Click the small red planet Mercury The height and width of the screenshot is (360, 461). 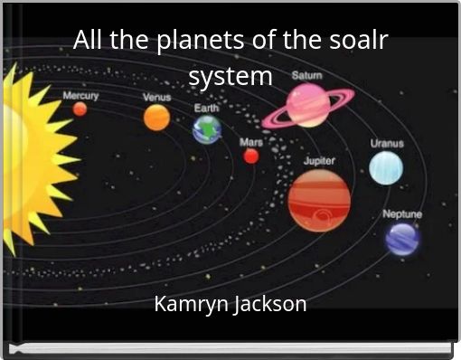click(x=80, y=109)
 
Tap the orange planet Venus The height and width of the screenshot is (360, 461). click(x=156, y=117)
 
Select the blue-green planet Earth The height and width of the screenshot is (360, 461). click(x=207, y=129)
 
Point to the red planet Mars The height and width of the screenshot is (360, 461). click(x=251, y=156)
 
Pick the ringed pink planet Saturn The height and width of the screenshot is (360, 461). click(x=307, y=105)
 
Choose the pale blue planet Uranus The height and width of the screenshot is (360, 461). click(x=386, y=167)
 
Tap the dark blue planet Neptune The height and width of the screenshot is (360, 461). click(x=402, y=239)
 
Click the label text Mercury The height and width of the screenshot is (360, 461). click(x=80, y=95)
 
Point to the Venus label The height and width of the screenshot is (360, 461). click(x=157, y=98)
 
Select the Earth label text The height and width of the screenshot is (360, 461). click(x=207, y=108)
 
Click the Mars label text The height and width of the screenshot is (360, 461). click(x=251, y=142)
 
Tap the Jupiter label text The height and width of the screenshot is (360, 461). click(x=319, y=160)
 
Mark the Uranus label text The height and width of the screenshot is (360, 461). click(x=387, y=143)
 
